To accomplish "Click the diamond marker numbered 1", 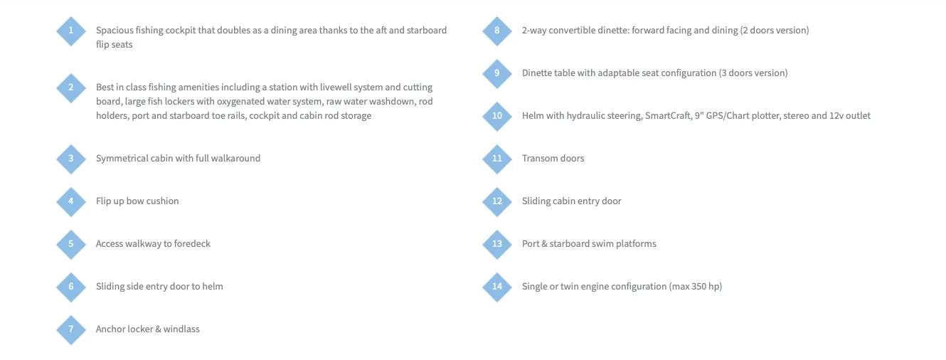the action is click(71, 31).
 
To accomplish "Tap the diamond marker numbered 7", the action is click(71, 329).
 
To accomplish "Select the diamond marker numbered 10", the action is click(497, 116).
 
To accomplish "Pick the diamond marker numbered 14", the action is click(497, 287).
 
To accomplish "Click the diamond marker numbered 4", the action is click(71, 201).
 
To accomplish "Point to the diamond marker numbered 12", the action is click(497, 201).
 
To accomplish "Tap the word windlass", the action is click(181, 329).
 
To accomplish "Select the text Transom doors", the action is click(553, 158).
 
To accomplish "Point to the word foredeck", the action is click(192, 243).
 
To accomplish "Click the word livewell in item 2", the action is click(336, 87).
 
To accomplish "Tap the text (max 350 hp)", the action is click(696, 287).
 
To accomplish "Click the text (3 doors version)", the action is click(753, 73).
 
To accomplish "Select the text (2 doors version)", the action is click(775, 31).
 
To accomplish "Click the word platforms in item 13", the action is click(636, 244).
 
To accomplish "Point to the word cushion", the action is click(163, 201).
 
